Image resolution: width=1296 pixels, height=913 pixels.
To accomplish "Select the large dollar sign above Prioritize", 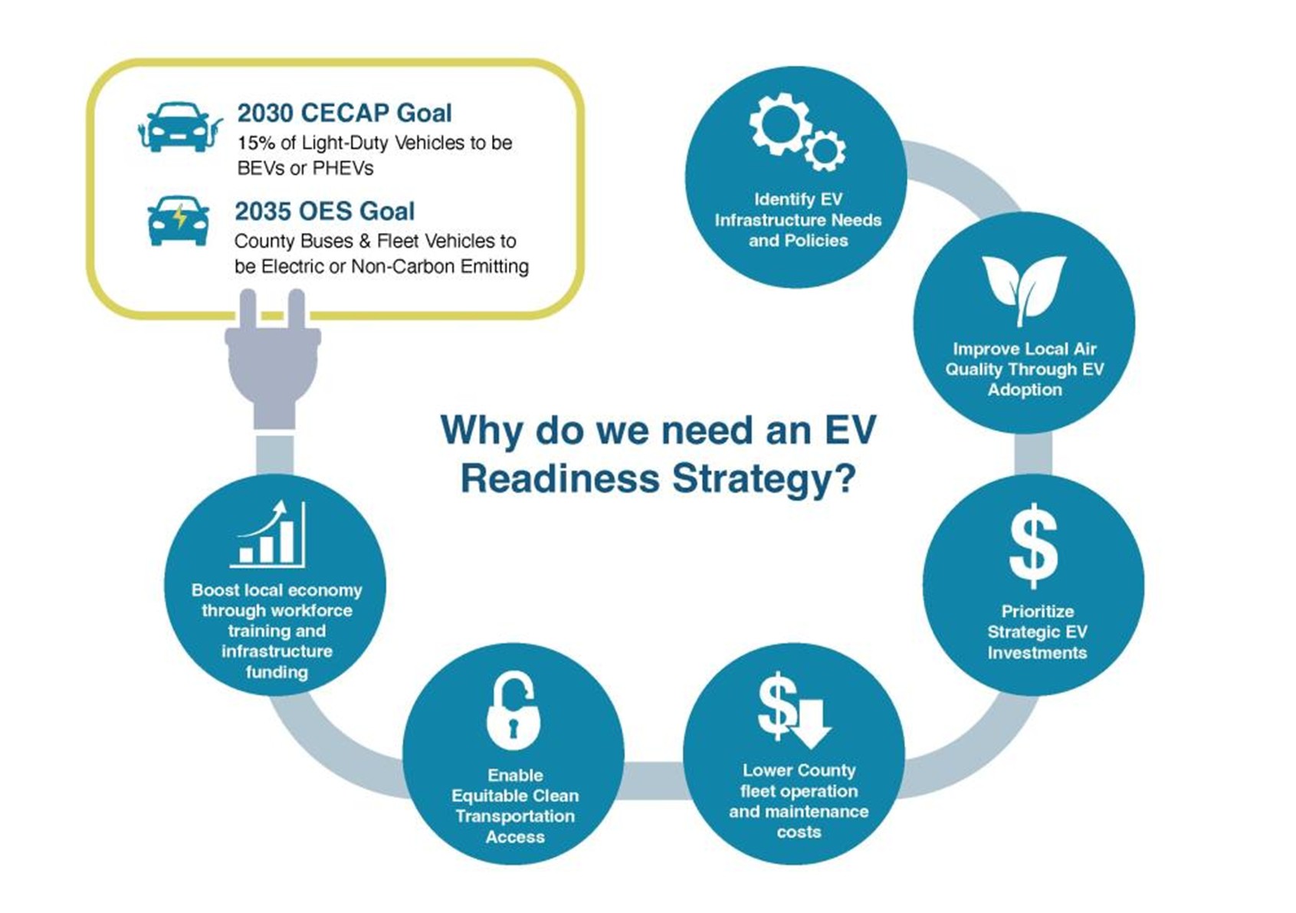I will [1033, 545].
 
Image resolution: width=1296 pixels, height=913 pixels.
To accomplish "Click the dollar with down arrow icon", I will [794, 710].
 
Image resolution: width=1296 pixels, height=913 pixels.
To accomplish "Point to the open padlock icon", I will [513, 711].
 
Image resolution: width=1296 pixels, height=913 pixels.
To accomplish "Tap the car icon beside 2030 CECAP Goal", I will [179, 127].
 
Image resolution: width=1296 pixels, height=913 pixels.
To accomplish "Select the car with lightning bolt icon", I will [179, 220].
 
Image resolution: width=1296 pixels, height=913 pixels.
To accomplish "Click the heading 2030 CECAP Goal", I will [344, 113].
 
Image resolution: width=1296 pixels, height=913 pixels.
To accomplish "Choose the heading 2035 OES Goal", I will [324, 211].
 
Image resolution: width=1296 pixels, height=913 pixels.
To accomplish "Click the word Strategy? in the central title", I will [763, 479].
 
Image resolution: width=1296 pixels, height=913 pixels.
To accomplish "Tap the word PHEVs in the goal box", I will [343, 168].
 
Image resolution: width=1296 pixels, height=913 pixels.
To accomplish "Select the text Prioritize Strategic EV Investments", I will [1036, 632].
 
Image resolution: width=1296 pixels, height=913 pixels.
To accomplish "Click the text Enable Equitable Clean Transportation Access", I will [514, 806].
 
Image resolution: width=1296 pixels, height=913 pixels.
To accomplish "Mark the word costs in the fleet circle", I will [798, 832].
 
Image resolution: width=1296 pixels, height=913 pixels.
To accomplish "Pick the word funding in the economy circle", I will [277, 672].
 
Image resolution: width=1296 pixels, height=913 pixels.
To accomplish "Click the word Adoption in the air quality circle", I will [1024, 389].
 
